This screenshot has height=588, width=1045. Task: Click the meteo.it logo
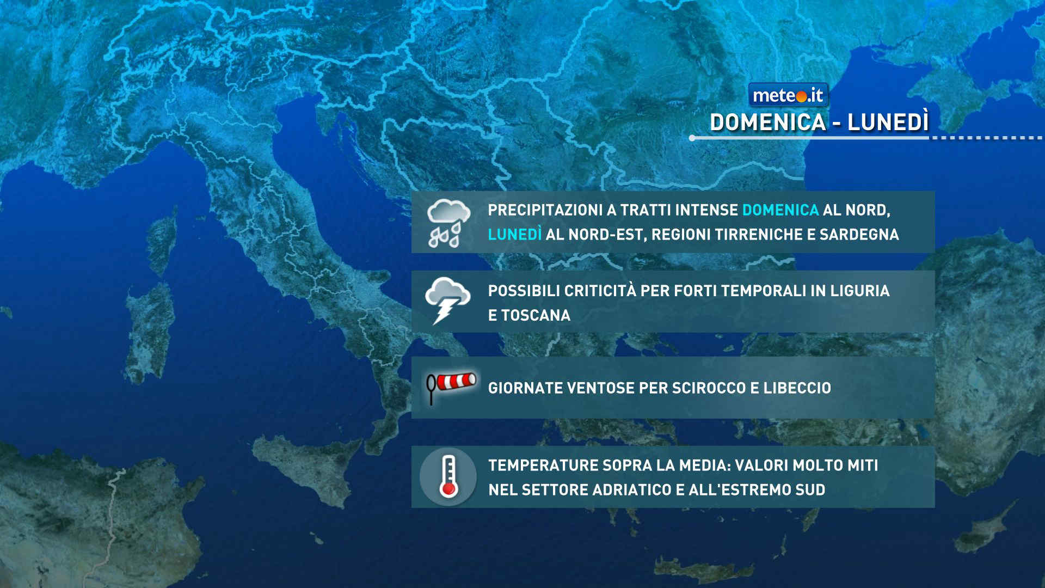[788, 95]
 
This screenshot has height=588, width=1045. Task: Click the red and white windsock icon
[451, 386]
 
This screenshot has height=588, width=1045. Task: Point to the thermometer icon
[448, 477]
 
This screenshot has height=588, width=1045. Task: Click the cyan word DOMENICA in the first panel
[780, 210]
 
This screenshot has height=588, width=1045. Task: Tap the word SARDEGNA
[859, 234]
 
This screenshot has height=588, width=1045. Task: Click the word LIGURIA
[860, 291]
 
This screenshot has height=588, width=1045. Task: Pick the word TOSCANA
[536, 315]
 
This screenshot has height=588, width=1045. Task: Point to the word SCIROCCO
[709, 388]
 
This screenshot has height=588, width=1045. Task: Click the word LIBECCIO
[797, 388]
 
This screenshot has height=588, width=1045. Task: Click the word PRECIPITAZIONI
[552, 210]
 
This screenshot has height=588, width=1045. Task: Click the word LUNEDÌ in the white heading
[888, 122]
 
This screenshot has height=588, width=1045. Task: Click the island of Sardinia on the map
[149, 332]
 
